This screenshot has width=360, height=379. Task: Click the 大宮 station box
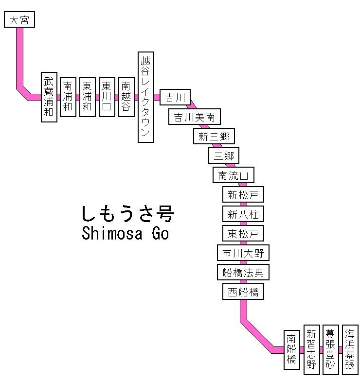[19, 20]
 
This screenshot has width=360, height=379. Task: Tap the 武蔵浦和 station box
[49, 97]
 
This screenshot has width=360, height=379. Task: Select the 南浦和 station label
[68, 97]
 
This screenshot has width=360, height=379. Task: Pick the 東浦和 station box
[87, 97]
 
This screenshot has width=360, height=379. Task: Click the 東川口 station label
[107, 97]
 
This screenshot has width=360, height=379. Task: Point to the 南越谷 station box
[126, 97]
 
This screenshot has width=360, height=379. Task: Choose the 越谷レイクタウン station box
[145, 97]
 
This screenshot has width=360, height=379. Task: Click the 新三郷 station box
[214, 137]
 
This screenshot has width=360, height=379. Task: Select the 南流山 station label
[234, 175]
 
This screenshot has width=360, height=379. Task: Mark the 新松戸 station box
[243, 195]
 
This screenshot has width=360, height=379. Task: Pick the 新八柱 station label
[243, 214]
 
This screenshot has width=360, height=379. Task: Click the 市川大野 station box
[243, 253]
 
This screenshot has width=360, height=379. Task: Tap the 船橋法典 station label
[243, 272]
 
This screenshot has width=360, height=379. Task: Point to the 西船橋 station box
[243, 292]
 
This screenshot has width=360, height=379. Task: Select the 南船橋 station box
[291, 350]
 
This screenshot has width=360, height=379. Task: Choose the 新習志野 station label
[311, 350]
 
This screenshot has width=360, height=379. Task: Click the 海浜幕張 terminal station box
[350, 350]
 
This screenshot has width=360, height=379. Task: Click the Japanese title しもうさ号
[127, 213]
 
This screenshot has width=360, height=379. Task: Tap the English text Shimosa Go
[126, 234]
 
